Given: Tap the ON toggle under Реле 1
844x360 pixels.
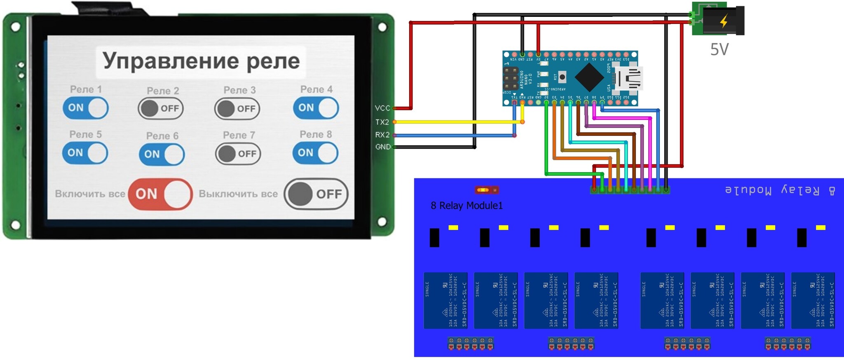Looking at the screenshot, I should coord(85,108).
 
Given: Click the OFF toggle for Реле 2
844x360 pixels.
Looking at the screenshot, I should coord(160,108).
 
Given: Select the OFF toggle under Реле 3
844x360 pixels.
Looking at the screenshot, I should coord(237,109).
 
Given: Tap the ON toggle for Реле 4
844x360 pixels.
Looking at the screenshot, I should coord(316,108).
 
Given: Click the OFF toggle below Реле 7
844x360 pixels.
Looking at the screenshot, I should coord(238,154).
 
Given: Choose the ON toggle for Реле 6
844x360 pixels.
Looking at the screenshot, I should coord(162,154).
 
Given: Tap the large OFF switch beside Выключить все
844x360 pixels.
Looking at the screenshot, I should coord(316,194).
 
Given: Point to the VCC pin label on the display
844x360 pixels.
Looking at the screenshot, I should coord(382,108).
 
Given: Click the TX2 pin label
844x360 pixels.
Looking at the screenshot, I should coord(382,122).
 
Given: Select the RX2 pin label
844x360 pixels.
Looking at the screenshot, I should coord(382,135).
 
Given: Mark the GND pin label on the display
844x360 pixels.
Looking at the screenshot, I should coord(382,147).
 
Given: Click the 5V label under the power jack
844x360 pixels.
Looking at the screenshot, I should coord(719,49).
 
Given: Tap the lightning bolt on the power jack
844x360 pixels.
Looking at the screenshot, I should coord(724,21).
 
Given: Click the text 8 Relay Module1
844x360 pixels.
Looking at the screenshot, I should coord(467,206).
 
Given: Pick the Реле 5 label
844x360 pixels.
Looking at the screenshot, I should coord(85,134).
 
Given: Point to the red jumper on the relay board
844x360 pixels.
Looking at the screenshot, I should coord(487,190).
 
